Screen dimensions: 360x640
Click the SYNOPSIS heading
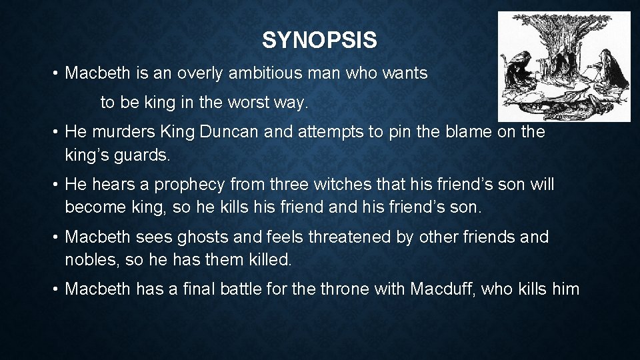tap(319, 41)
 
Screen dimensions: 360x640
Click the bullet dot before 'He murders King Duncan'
tap(55, 132)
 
